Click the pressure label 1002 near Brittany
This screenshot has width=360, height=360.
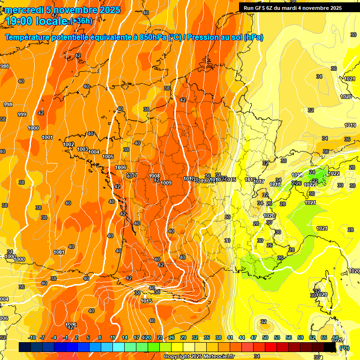point(69,144)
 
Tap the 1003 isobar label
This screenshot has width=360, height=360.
point(82,149)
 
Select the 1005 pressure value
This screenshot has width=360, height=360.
point(108,157)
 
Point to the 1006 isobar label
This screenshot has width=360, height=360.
point(120,167)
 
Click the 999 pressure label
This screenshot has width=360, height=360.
point(22,114)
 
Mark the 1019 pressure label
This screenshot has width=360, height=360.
point(350,125)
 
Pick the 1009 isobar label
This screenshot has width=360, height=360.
point(166,183)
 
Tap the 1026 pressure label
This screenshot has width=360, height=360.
point(71,324)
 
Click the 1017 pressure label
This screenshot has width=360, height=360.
point(259,181)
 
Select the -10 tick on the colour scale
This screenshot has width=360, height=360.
point(32,337)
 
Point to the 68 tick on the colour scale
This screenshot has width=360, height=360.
point(336,337)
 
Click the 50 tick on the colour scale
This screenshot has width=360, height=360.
point(265,337)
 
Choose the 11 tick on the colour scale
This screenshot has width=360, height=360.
point(113,337)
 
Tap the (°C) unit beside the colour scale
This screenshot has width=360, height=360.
point(344,347)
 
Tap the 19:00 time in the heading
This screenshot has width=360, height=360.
point(17,21)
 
